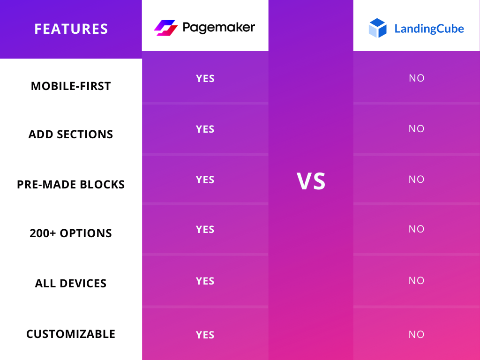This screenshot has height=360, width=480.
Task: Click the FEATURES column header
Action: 71,29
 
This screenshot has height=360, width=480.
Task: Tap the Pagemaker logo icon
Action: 165,28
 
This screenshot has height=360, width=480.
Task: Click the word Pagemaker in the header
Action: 218,28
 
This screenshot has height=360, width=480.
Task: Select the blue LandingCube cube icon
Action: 377,28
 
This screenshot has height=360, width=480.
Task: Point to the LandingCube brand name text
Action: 429,29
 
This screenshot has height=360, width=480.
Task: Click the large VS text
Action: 311,181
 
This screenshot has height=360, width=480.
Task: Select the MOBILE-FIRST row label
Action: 71,86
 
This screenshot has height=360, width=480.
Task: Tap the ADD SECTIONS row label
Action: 71,135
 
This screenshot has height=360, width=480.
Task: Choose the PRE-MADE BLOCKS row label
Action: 71,185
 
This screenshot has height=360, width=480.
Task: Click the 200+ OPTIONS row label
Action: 71,233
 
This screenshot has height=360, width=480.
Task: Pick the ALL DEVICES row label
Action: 71,284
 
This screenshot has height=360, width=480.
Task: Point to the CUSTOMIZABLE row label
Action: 71,334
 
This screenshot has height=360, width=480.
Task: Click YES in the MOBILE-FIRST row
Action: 205,79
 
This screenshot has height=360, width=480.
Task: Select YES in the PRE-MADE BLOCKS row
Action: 205,180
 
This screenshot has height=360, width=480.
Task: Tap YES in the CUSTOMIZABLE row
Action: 205,335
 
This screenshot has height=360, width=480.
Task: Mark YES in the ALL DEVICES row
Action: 205,281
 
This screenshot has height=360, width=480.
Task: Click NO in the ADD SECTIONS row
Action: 416,129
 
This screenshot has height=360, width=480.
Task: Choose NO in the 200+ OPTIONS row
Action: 416,229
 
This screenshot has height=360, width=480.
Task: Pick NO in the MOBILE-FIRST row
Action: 416,78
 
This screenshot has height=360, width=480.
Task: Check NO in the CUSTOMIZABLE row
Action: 416,335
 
